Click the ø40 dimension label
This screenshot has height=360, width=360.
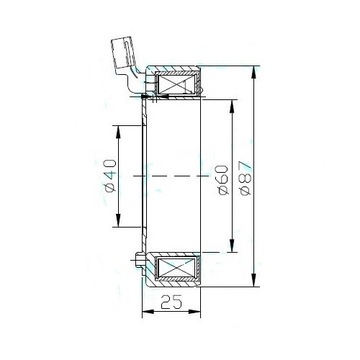tap(111, 176)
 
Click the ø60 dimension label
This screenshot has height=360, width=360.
tap(223, 180)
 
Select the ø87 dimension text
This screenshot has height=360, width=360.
tap(246, 179)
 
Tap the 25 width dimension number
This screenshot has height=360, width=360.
tap(171, 302)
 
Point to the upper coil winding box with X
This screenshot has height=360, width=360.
tap(176, 84)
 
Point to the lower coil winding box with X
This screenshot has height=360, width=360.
tap(176, 268)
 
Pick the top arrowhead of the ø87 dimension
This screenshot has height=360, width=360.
tap(254, 72)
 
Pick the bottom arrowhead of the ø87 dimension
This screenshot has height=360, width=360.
tap(254, 280)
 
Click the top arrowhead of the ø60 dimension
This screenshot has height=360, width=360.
tap(232, 106)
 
